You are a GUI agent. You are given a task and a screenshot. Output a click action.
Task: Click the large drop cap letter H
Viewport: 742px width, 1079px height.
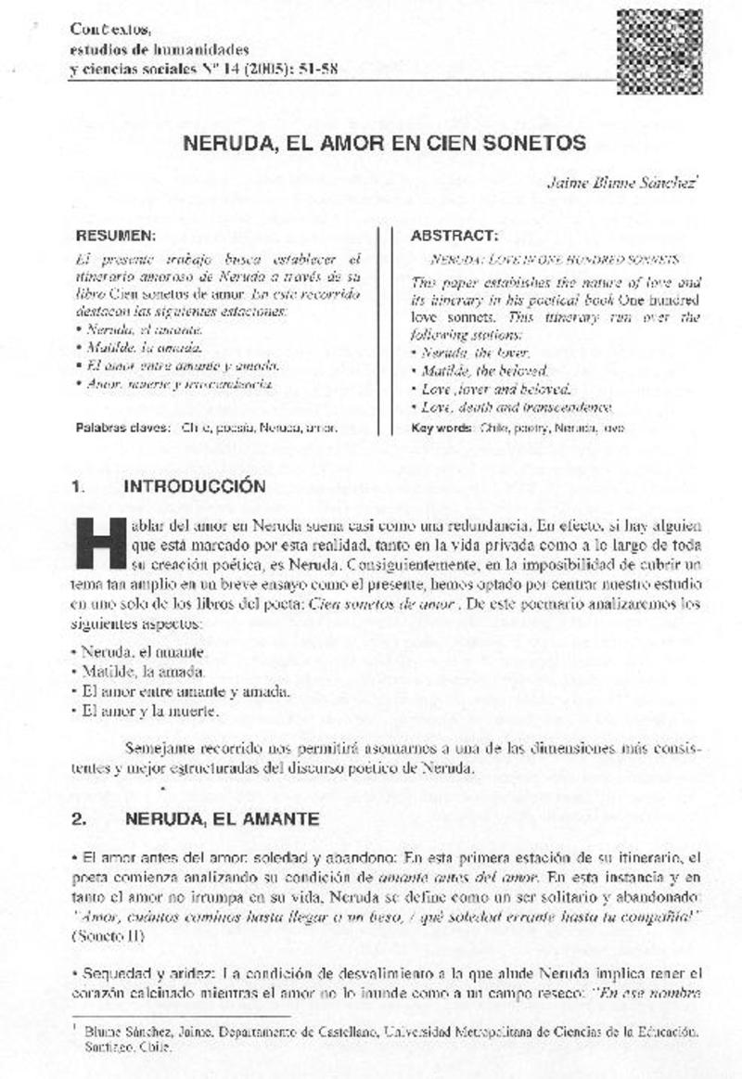[100, 543]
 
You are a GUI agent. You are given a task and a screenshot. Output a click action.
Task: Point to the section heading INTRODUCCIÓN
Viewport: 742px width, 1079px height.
[195, 485]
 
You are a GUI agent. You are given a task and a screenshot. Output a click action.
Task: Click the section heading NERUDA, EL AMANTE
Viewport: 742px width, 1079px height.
[222, 819]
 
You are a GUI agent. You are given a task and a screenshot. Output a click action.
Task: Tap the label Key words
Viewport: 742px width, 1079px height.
[441, 429]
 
